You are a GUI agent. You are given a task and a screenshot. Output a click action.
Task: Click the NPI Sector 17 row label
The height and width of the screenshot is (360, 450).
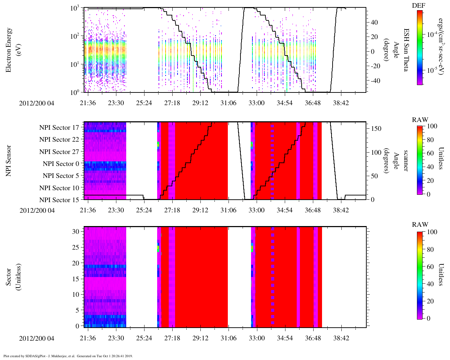point(59,128)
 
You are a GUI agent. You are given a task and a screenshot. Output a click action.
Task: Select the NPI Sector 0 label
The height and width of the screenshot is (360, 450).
point(61,164)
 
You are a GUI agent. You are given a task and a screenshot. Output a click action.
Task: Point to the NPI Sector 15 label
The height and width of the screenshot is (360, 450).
point(59,200)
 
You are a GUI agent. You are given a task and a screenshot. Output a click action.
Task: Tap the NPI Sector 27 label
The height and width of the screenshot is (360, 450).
point(59,152)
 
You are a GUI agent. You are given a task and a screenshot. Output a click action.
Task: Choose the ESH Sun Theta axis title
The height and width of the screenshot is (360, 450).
point(406,50)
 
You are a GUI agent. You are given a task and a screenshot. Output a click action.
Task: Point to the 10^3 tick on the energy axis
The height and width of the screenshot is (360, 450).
point(74,8)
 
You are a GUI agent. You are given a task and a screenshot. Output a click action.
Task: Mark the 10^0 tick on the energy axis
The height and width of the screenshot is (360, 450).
point(75,92)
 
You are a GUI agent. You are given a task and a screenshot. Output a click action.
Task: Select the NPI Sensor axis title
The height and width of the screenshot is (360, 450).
point(8,161)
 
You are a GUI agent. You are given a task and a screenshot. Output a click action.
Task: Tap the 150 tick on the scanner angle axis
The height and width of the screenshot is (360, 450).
point(377,129)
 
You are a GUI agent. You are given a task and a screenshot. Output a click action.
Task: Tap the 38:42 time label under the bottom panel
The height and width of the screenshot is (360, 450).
point(341,338)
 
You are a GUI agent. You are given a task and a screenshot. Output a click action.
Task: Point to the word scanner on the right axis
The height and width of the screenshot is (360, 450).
point(406,161)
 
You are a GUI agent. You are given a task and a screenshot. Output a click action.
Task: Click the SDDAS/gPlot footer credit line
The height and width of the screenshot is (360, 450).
point(68,356)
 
